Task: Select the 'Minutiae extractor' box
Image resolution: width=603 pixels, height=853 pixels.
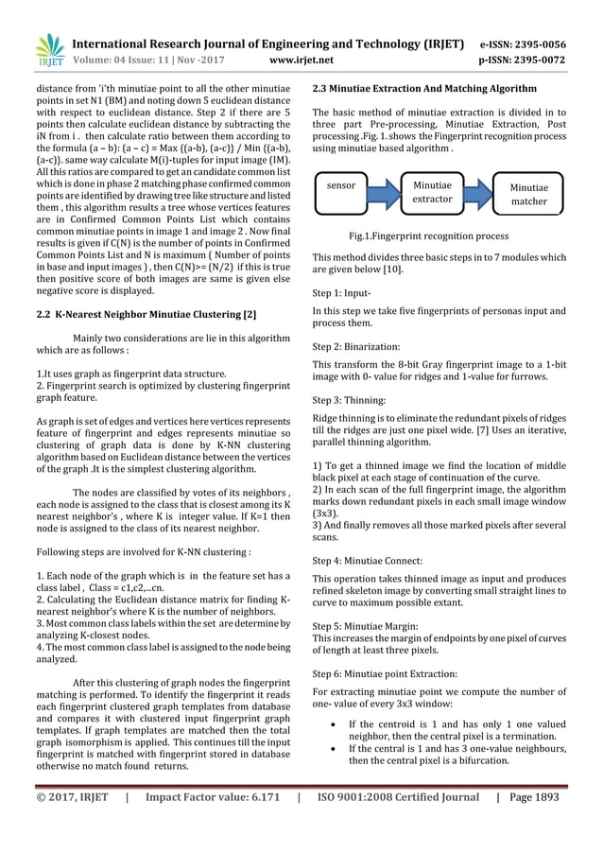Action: point(438,193)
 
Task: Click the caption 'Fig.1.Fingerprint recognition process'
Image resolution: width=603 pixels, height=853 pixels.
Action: point(428,235)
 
